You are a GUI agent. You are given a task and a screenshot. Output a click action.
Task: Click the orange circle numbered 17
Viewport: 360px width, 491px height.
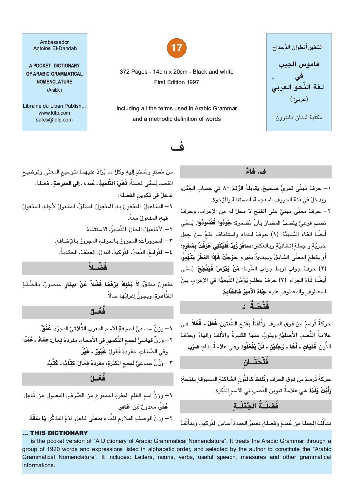[x=177, y=48]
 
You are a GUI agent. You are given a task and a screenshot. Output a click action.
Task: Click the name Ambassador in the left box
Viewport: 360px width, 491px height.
[x=54, y=42]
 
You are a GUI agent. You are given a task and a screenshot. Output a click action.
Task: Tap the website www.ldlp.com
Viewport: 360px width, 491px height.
[x=54, y=113]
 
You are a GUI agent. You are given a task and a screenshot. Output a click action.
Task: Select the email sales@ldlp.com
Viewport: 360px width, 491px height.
[x=54, y=120]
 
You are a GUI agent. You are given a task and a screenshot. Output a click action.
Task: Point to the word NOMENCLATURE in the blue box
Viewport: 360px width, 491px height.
[x=54, y=82]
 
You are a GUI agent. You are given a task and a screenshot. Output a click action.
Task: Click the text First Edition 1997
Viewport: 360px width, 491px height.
[x=177, y=82]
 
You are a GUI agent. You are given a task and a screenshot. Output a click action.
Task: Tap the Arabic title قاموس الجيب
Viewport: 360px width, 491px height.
[x=299, y=64]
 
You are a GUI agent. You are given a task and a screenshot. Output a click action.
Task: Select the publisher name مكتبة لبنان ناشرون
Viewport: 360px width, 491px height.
[x=299, y=118]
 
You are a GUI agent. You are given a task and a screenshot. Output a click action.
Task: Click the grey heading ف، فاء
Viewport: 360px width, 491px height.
[x=256, y=172]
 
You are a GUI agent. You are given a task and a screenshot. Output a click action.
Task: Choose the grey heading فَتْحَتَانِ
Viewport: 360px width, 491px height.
[x=256, y=362]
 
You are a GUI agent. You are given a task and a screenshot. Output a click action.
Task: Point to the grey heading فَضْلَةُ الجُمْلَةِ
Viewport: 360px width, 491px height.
[x=256, y=406]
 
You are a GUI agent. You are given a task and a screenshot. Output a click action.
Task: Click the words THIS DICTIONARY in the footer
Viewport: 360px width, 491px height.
[x=59, y=433]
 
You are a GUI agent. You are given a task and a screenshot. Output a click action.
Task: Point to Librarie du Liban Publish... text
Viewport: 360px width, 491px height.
[x=54, y=106]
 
